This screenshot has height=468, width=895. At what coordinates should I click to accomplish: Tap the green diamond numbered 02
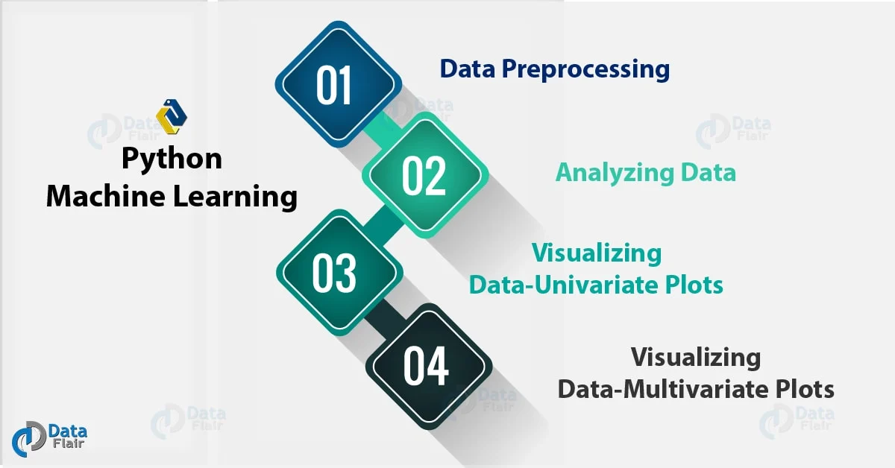click(424, 175)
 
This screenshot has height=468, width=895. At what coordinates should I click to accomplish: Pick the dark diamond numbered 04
click(426, 366)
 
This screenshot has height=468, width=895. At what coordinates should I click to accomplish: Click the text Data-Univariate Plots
click(596, 285)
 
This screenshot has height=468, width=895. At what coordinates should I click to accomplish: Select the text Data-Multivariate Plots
click(696, 389)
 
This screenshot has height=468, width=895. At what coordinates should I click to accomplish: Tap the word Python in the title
click(172, 159)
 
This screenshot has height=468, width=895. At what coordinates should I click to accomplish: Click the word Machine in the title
click(103, 197)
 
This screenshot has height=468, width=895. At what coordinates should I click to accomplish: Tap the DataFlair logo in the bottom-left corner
click(50, 438)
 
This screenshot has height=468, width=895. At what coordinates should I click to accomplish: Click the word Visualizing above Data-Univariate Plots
click(596, 253)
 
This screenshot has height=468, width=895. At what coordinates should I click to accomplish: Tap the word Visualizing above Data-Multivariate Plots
click(696, 358)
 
